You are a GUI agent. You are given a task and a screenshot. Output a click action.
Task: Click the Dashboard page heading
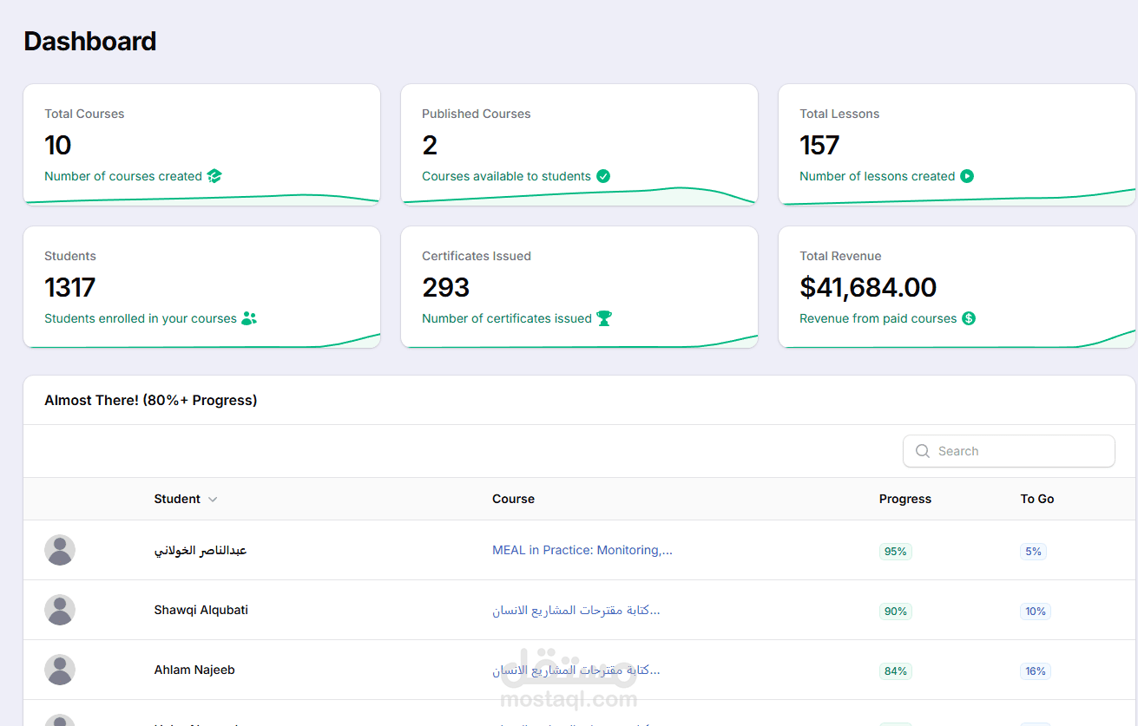pos(90,41)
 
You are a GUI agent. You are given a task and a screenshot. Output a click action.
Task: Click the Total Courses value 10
pos(57,145)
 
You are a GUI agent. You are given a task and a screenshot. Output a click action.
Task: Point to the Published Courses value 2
pos(430,145)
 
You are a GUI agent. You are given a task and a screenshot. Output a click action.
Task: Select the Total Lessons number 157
pos(819,145)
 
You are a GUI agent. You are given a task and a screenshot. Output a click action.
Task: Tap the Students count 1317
pos(69,287)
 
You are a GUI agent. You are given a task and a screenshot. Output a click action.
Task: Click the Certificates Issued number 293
pos(445,287)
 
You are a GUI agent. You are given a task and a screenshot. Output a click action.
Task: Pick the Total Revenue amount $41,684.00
pos(868,287)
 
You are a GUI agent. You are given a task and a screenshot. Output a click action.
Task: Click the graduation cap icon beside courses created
pos(214,176)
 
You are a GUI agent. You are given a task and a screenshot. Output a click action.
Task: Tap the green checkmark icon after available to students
pos(603,176)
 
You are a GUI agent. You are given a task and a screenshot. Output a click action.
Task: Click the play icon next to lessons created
pos(967,176)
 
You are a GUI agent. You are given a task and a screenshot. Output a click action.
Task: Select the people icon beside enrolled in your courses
pos(249,318)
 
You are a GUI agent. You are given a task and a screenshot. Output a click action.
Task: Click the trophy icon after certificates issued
pos(604,318)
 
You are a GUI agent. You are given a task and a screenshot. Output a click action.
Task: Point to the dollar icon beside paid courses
pos(969,318)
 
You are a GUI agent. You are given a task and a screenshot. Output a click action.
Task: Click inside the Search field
pos(1009,451)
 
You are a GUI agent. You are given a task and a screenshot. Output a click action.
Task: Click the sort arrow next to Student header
pos(213,500)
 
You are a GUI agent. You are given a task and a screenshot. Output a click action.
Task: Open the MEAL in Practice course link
pos(582,550)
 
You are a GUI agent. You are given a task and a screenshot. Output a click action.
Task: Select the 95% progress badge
pos(895,552)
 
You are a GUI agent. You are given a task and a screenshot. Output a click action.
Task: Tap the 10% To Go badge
pos(1035,612)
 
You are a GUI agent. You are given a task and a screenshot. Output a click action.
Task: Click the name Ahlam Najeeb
pos(194,670)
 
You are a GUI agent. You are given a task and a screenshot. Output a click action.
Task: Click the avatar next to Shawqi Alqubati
pos(60,610)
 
